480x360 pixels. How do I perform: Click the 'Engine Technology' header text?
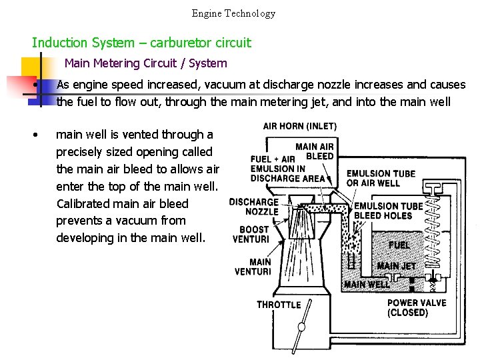coord(233,13)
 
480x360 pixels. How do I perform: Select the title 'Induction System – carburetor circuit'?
coord(141,43)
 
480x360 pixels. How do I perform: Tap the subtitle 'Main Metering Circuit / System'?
coord(145,64)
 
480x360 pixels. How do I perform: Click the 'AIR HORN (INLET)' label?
coord(299,126)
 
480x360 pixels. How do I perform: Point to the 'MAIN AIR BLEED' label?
coord(314,151)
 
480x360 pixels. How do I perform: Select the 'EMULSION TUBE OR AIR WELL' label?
coord(381,179)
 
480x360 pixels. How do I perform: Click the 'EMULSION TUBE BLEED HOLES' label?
coord(388,211)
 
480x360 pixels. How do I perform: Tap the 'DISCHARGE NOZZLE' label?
coord(253,207)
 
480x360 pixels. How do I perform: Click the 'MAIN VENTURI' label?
coord(253,267)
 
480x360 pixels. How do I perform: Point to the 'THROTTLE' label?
coord(279,305)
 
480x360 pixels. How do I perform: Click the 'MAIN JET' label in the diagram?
coord(396,266)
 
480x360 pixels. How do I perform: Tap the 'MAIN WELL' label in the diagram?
coord(367,285)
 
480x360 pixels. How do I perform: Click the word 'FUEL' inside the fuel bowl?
coord(399,245)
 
